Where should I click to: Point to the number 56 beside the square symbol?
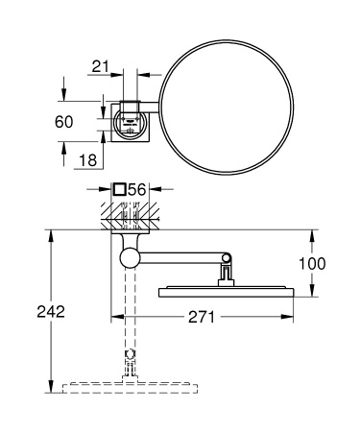point(138,191)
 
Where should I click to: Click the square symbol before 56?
point(119,191)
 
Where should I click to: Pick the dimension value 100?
point(324,263)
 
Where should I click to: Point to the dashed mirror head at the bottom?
point(128,387)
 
